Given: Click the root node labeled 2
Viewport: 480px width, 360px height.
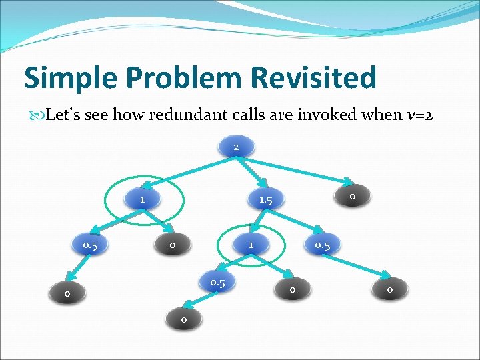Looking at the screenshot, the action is click(236, 147).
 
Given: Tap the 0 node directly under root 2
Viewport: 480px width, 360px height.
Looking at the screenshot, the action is click(352, 196).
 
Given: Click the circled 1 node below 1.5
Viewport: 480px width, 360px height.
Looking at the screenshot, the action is click(251, 245).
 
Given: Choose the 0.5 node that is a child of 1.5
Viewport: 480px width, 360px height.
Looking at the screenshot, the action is click(323, 245).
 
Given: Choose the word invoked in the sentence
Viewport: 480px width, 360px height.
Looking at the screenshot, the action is click(343, 115).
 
